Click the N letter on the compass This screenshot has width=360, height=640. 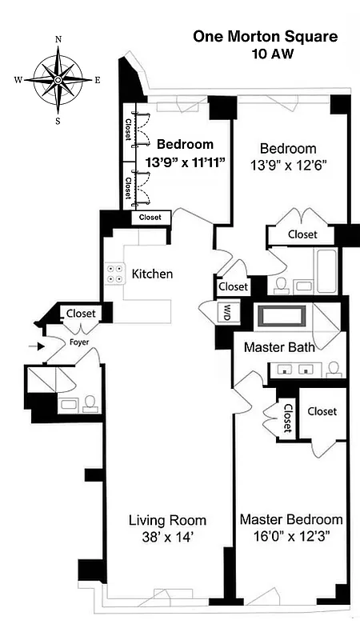click(58, 39)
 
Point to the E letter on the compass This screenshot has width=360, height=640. click(97, 80)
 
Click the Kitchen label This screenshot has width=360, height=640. click(152, 274)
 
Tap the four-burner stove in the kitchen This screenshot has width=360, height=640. click(114, 274)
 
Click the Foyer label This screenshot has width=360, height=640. click(78, 342)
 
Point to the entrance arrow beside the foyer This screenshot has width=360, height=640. click(33, 346)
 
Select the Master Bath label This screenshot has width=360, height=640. click(278, 347)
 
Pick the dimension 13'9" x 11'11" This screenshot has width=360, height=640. click(185, 162)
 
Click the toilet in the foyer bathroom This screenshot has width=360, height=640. click(89, 402)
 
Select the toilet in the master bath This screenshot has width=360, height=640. click(334, 370)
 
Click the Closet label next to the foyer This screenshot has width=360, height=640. click(81, 314)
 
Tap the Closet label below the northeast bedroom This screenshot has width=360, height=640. click(302, 234)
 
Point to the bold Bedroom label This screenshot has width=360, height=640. click(185, 145)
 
